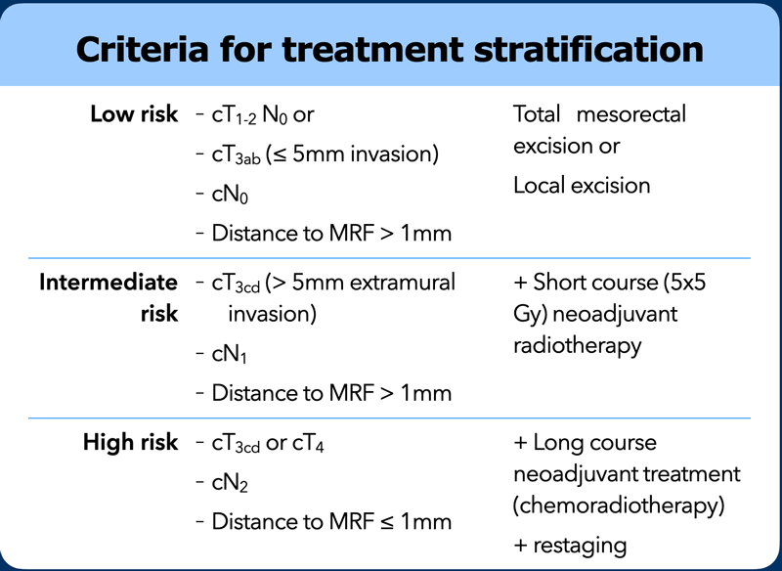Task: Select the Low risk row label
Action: [134, 114]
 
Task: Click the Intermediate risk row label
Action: [109, 297]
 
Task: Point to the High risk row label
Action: [131, 442]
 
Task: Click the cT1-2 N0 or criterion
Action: [263, 115]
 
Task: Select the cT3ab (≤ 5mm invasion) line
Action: [326, 154]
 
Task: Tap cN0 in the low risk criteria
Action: [230, 195]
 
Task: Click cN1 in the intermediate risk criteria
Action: [230, 355]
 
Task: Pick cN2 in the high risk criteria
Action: [230, 483]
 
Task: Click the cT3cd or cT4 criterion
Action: [268, 443]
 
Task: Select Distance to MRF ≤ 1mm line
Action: [331, 522]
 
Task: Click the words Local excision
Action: [582, 186]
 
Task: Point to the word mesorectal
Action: [630, 114]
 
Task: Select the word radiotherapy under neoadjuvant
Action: [578, 346]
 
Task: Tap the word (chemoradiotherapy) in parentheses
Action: [619, 505]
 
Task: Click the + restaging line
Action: [570, 546]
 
